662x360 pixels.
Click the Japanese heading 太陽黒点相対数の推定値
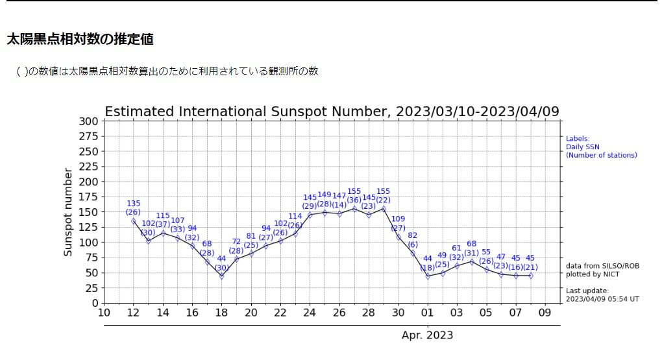point(80,39)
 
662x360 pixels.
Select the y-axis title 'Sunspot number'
point(67,211)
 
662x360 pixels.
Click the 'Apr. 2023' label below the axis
point(427,335)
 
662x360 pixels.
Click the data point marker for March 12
point(133,221)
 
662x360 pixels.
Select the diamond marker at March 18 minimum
point(221,276)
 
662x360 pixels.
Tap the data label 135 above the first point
point(133,203)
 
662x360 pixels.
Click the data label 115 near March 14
point(163,215)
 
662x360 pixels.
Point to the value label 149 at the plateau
point(325,195)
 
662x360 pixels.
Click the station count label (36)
point(354,200)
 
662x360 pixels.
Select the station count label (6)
point(413,244)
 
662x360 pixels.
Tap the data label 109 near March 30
point(398,219)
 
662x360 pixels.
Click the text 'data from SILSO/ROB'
point(597,266)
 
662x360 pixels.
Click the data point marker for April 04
point(472,261)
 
